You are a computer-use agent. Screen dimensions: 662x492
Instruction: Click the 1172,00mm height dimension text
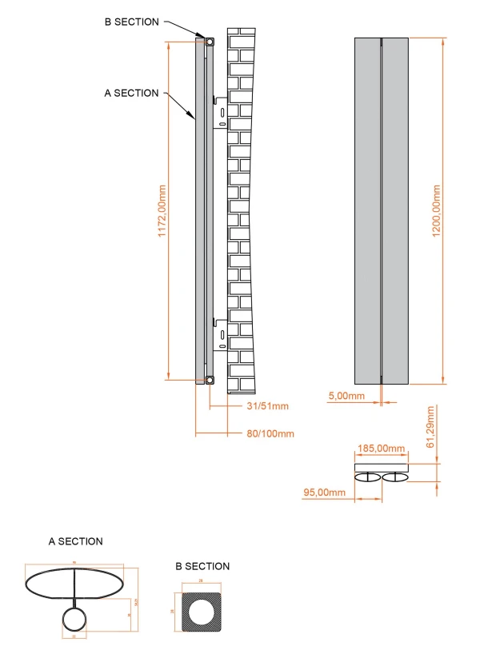162,210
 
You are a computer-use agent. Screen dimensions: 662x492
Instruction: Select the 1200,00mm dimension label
436,210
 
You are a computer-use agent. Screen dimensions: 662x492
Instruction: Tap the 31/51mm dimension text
263,407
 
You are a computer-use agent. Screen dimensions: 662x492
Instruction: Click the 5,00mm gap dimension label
346,396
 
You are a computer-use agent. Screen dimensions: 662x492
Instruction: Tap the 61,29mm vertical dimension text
430,426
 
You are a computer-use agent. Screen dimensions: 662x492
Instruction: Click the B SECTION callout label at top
131,22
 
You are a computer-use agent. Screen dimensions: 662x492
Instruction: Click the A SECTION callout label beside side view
131,94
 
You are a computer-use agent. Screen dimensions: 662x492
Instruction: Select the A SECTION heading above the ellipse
75,541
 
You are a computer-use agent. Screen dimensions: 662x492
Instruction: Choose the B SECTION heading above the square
202,566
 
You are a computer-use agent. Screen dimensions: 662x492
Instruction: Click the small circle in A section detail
75,620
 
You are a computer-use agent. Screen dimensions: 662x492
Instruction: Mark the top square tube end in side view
209,42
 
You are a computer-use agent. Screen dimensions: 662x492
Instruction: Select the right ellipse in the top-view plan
395,478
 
